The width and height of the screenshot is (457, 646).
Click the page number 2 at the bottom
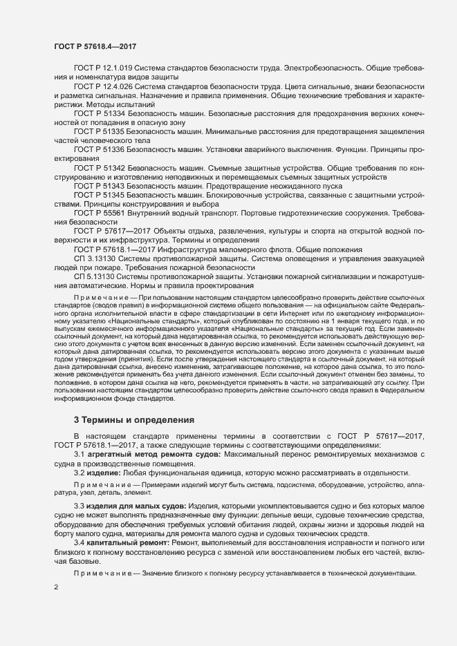click(x=56, y=588)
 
